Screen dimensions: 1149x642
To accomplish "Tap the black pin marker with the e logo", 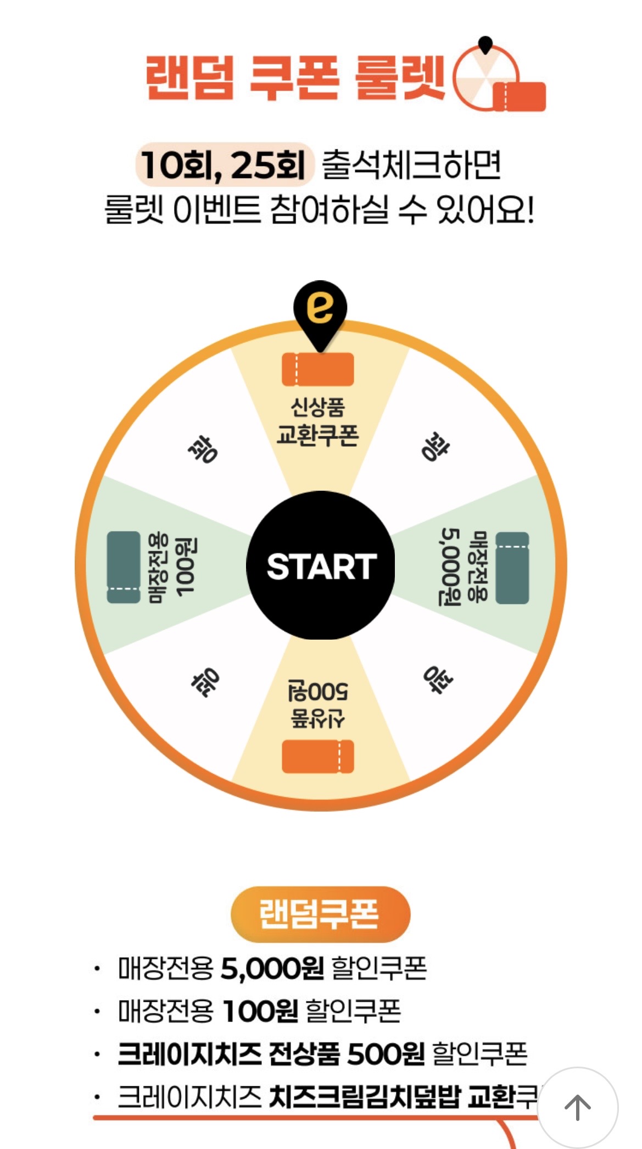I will click(320, 309).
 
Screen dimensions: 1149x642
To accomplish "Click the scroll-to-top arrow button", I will click(577, 1107).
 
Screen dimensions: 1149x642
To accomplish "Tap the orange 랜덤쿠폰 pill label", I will click(320, 914).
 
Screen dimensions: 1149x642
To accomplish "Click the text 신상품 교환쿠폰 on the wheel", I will click(317, 421).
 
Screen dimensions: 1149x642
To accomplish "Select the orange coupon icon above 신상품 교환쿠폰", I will click(317, 369).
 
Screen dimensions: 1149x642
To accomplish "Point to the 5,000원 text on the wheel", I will click(450, 566).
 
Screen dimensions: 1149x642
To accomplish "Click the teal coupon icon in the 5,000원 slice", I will click(512, 568).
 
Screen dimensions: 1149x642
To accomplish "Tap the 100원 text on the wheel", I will click(185, 567).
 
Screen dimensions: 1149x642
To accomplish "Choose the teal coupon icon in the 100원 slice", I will click(124, 567).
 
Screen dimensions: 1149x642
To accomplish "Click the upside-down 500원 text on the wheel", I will click(318, 691).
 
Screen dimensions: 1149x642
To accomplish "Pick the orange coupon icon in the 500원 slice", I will click(317, 757).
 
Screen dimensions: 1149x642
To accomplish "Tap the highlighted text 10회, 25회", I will click(224, 165).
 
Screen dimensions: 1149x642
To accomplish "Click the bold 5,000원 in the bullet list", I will click(272, 969).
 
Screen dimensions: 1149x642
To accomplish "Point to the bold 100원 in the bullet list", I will click(261, 1011).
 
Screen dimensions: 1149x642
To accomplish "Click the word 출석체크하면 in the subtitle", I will click(411, 165).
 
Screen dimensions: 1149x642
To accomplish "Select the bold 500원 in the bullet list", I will click(386, 1053).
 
